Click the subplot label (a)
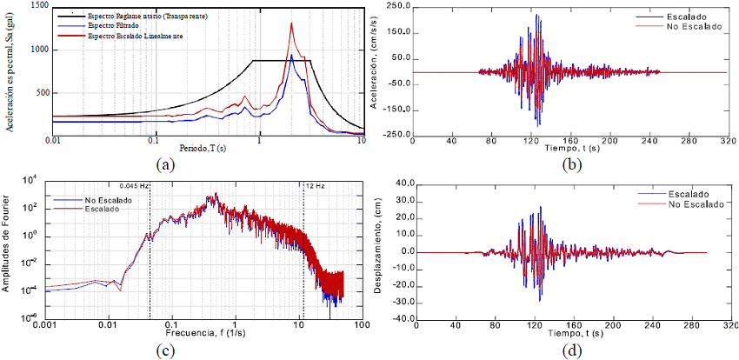click(165, 163)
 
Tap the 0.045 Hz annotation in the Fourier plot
click(135, 185)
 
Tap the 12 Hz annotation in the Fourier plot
click(315, 185)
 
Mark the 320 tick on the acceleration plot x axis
click(723, 140)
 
